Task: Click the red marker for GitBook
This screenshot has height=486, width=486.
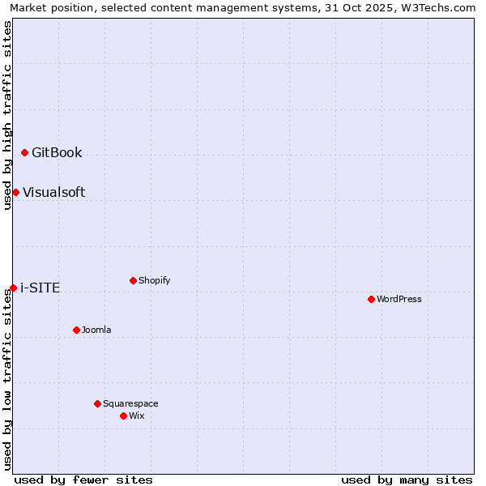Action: [25, 152]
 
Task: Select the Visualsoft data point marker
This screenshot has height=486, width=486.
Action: [15, 192]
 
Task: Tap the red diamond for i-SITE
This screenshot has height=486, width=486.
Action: [13, 288]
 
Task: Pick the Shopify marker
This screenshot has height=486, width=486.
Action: [133, 280]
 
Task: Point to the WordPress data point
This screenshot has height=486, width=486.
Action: [371, 299]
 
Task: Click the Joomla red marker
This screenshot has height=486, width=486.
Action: [76, 330]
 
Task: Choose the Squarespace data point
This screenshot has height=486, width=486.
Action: [97, 403]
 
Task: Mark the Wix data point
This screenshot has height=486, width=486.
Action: [123, 416]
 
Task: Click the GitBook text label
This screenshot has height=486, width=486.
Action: [57, 152]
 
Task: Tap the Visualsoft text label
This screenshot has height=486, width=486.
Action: [53, 192]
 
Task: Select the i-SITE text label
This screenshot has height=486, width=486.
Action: [40, 288]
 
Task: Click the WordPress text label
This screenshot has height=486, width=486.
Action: [399, 299]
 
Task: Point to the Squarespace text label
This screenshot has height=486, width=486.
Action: [130, 403]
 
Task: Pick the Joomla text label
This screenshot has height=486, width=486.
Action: [96, 330]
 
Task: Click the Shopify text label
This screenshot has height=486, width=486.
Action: [154, 280]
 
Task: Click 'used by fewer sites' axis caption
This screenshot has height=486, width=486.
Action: [83, 480]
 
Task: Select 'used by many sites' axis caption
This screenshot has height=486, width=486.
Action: [407, 480]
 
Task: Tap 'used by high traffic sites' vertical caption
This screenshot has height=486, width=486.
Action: [8, 115]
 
